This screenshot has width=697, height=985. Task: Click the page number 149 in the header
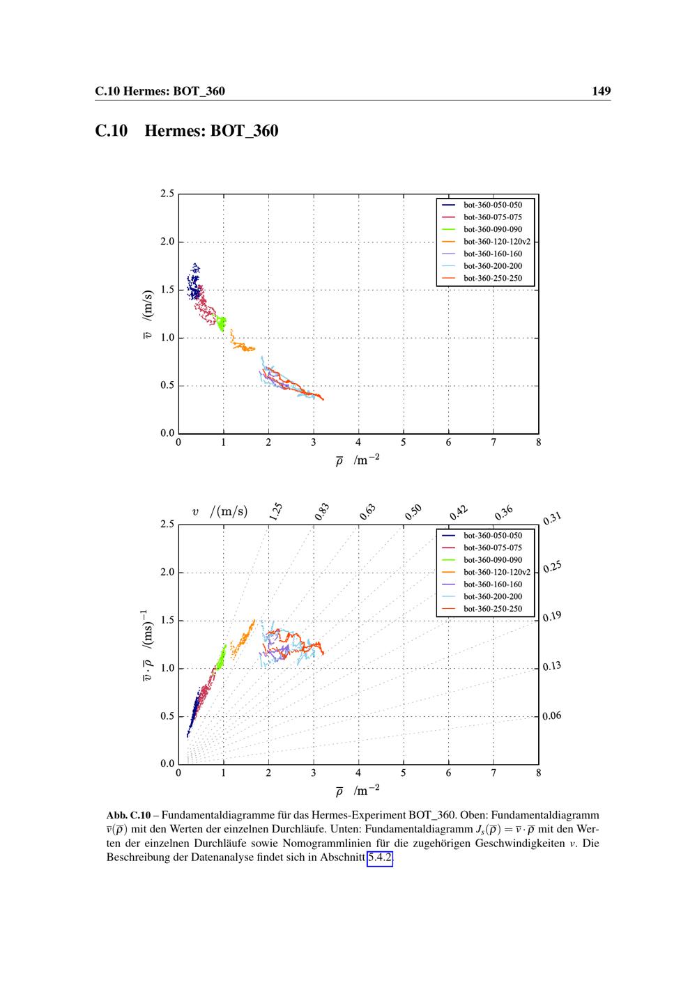(601, 91)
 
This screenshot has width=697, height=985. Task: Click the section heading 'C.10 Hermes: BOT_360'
(186, 130)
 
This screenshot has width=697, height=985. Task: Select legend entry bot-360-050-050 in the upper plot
(492, 205)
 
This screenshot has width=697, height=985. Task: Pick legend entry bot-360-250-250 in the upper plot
(492, 278)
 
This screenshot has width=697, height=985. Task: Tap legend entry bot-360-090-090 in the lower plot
(492, 560)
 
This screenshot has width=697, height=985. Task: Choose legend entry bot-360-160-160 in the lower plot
(492, 584)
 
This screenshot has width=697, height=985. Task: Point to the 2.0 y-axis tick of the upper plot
(167, 242)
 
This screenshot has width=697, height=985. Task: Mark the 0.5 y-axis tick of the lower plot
(167, 716)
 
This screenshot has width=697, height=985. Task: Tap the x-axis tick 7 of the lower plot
(493, 773)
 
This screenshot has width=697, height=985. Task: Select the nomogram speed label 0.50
(413, 512)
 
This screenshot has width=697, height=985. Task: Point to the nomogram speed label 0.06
(552, 716)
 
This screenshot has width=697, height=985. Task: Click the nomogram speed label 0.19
(552, 616)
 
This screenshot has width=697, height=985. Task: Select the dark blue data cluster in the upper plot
(194, 281)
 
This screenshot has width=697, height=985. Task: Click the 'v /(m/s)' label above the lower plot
(220, 512)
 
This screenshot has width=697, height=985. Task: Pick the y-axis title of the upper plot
(147, 313)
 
